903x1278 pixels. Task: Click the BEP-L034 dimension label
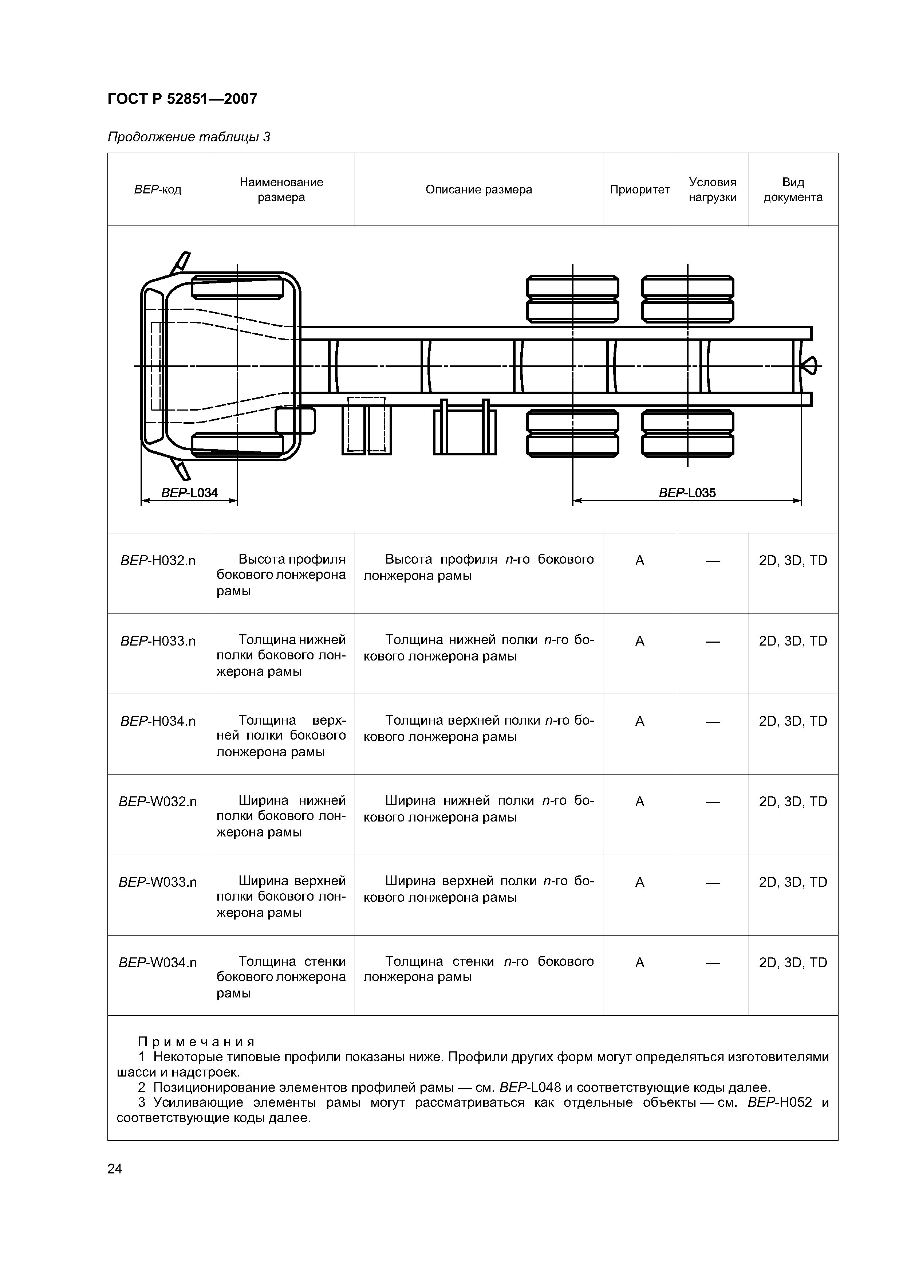pos(189,493)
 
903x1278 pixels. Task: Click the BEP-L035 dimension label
pos(687,493)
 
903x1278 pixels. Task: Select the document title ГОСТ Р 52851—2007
pos(182,99)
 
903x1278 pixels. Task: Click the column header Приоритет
pos(639,190)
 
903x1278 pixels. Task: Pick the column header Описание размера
pos(478,190)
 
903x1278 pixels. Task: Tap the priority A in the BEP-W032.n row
pos(639,801)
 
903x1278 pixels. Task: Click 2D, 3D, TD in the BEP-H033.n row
pos(793,641)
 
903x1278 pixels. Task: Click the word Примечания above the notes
pos(196,1042)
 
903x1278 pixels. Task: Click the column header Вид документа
pos(793,190)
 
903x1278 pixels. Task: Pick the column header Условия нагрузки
pos(712,190)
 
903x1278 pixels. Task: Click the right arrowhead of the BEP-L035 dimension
pos(797,501)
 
